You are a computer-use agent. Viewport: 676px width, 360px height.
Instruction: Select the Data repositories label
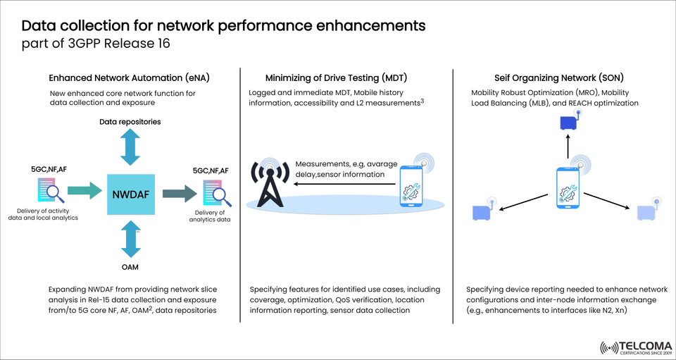coord(130,122)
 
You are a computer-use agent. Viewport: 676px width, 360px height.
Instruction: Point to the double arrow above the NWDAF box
coord(130,149)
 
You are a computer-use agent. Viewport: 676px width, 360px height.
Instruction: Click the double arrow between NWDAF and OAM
coord(130,238)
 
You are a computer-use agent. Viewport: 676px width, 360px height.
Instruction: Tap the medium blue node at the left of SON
coord(482,211)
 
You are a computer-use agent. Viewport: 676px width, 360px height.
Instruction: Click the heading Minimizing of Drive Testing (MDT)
coord(337,77)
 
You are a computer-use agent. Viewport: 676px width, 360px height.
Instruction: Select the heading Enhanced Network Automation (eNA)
coord(130,77)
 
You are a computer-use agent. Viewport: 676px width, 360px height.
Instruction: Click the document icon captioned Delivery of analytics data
coord(215,192)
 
